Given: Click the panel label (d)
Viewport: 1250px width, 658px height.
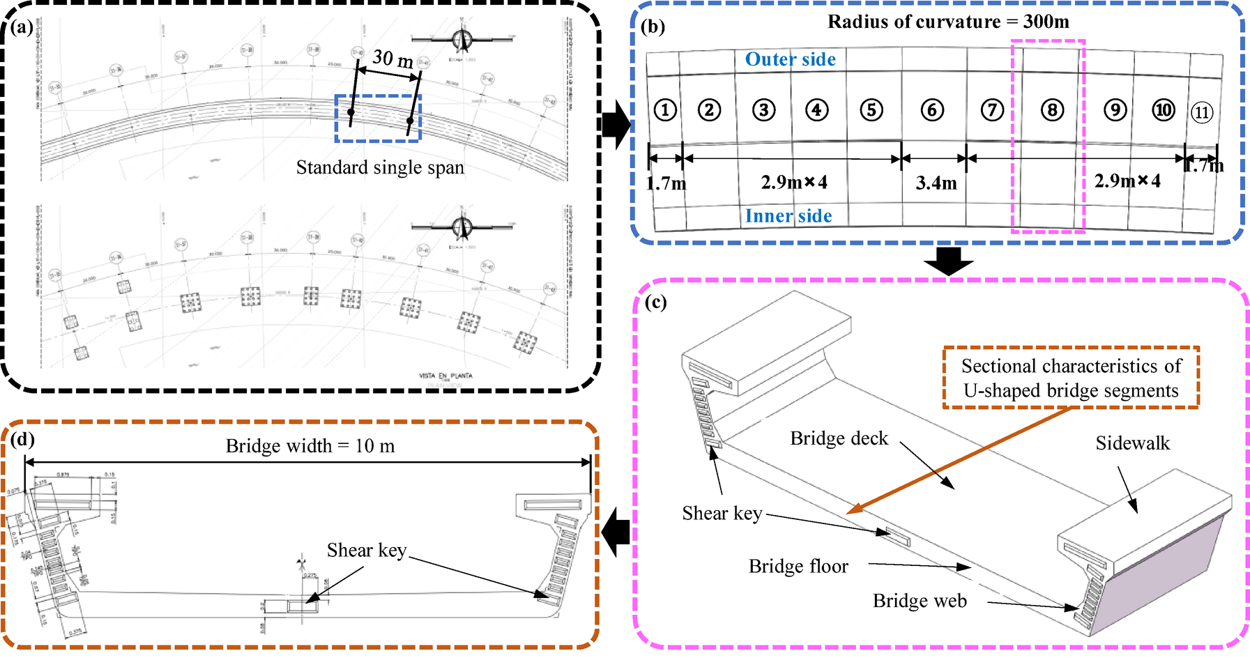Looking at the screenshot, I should tap(22, 440).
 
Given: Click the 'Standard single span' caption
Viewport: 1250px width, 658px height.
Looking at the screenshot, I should tap(380, 168).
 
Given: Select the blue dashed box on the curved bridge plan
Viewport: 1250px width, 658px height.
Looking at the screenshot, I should tap(378, 118).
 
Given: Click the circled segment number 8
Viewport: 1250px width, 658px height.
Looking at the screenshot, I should tap(1052, 110).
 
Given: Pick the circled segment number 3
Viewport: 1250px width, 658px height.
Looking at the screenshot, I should tap(764, 110).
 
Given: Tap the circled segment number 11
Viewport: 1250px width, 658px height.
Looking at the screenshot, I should tap(1201, 112).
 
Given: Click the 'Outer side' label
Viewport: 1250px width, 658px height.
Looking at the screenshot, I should tap(790, 59).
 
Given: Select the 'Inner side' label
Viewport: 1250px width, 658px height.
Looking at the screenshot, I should tap(788, 216).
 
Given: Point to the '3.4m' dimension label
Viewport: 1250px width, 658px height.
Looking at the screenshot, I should tap(936, 183).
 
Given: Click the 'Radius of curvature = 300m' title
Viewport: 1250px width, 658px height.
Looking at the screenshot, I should tap(948, 22).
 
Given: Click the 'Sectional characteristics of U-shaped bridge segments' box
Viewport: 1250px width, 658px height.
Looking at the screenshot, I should tap(1071, 378).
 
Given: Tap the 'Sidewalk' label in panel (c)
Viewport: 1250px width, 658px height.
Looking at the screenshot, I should tap(1132, 443).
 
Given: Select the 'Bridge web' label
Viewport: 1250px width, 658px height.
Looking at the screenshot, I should tap(920, 601).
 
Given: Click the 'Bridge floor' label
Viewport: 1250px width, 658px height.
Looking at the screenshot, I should tap(798, 566).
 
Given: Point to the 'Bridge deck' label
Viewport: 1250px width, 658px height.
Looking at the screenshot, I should tap(839, 438).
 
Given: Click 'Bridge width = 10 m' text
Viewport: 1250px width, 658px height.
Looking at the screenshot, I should tap(310, 446).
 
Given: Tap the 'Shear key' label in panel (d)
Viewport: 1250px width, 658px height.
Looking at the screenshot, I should tap(367, 551).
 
